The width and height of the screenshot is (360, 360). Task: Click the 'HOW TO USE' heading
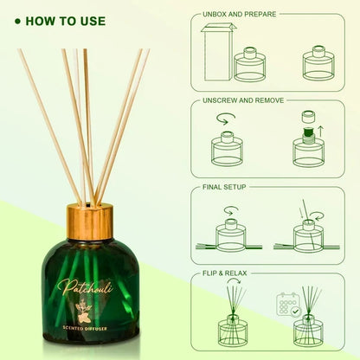point(66,22)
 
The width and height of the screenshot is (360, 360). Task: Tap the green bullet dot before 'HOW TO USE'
point(18,22)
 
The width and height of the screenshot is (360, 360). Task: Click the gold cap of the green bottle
point(90,222)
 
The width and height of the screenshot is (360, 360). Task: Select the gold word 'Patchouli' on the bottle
point(84,287)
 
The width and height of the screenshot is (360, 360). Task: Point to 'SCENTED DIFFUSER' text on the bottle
point(85,328)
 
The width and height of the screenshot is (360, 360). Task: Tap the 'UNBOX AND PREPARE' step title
point(239,14)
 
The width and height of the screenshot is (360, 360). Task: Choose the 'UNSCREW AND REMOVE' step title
point(243,100)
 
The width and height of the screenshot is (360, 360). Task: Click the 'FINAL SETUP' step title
point(224,187)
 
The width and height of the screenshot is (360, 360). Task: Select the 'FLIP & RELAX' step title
point(225,273)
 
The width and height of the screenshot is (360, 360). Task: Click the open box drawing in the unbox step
point(218,53)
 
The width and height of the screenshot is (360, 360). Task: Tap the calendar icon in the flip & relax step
point(287,305)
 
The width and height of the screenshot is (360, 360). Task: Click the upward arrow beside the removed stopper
point(321,132)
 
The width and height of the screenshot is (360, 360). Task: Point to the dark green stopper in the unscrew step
point(308,133)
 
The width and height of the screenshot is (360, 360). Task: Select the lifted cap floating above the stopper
point(308,117)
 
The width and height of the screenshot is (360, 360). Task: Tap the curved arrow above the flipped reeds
point(234,281)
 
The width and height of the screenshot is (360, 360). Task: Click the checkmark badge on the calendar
point(295,312)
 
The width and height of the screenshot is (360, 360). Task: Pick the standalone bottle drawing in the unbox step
point(318,63)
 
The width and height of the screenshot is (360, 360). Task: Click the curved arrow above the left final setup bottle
point(232,210)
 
